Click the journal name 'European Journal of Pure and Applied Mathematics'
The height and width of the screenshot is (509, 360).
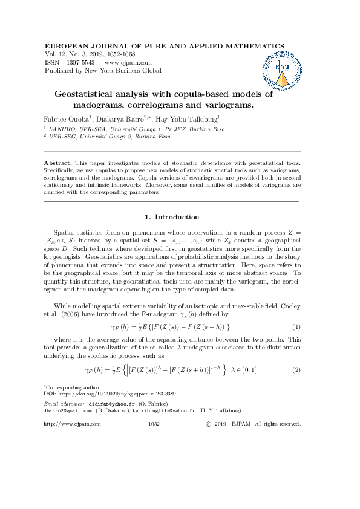165,46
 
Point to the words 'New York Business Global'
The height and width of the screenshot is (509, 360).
126,71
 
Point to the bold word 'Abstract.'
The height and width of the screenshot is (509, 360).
58,164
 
